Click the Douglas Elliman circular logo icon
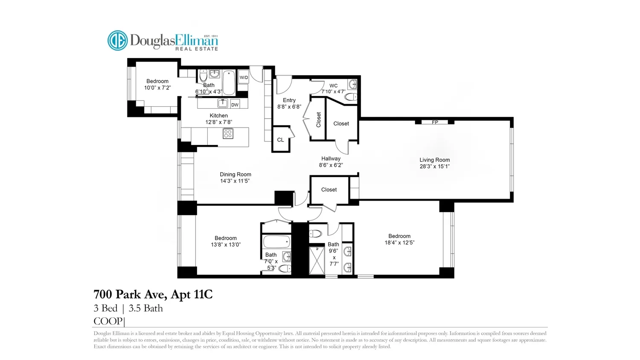117,41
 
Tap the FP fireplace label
435,122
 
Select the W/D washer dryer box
244,77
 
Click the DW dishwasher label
235,105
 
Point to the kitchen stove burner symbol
228,134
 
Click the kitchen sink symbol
223,103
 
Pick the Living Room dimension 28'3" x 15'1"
435,166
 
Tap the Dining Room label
236,174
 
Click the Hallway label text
331,159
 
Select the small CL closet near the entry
281,139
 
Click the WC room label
333,86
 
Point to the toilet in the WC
351,97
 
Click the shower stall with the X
317,261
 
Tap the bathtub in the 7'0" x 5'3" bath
276,242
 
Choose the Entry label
289,100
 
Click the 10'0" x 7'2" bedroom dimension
157,88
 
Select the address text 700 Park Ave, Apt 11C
153,294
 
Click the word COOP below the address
108,321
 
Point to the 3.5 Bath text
146,308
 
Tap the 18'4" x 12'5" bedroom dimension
399,243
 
